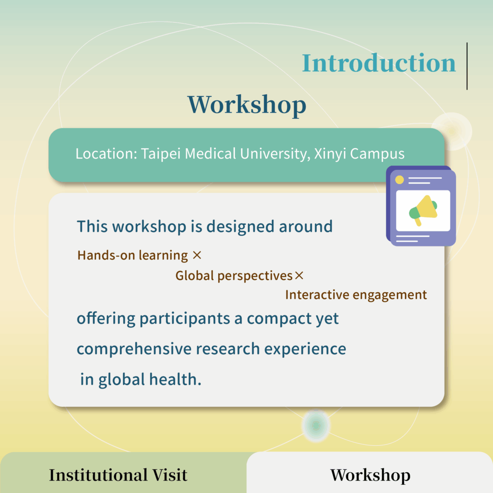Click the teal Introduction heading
pos(378,63)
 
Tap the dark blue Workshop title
pos(247,105)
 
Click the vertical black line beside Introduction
pos(467,66)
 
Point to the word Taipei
pos(161,155)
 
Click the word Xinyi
pos(330,155)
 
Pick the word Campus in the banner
pos(377,155)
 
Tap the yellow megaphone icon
pos(423,210)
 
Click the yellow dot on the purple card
pos(399,180)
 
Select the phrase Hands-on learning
pos(133,255)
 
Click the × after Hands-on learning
pos(197,255)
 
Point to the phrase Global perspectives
pos(234,276)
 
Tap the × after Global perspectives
pos(299,275)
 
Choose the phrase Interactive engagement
pos(356,295)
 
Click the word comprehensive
pos(134,350)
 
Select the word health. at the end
pos(175,379)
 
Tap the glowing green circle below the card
pos(316,426)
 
